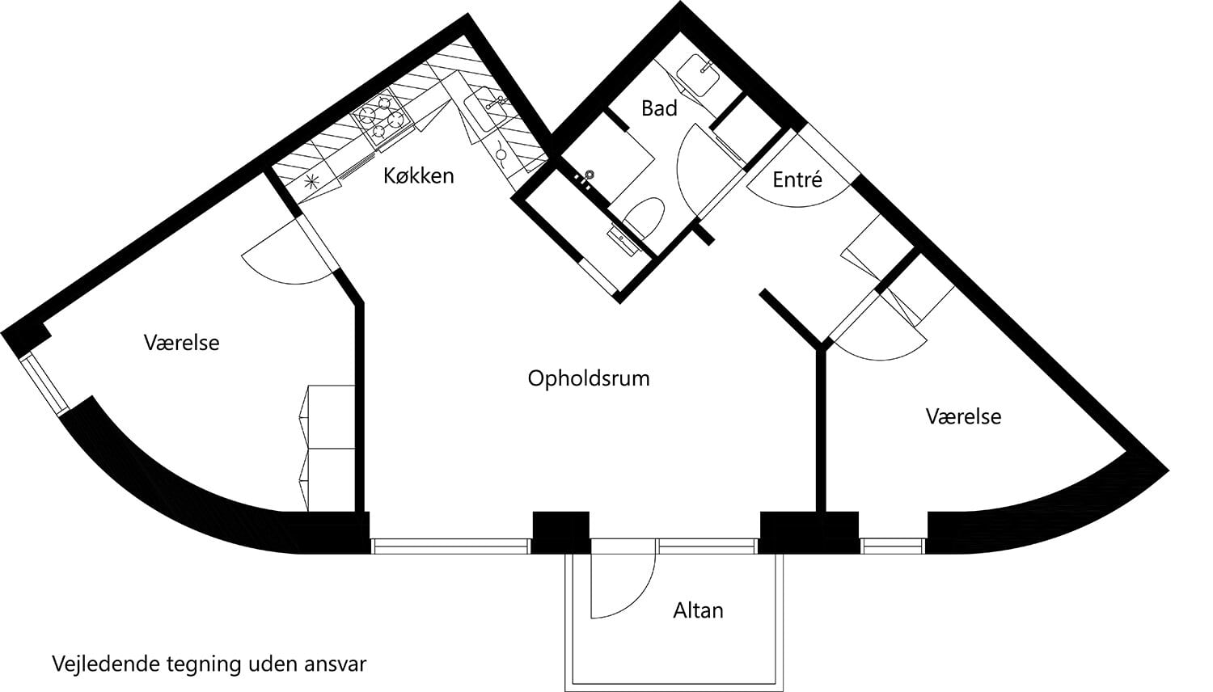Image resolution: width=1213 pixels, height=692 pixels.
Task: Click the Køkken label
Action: (x=418, y=175)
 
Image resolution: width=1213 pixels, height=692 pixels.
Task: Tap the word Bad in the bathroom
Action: (x=658, y=108)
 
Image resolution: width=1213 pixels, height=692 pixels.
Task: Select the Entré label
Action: (x=797, y=179)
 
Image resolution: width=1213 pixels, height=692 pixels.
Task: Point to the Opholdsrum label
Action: (x=588, y=378)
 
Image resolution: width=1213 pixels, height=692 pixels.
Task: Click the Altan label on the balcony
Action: (x=698, y=610)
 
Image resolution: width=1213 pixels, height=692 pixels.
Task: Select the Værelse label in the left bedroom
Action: (x=181, y=343)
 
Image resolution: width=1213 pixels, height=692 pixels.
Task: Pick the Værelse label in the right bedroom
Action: (x=962, y=417)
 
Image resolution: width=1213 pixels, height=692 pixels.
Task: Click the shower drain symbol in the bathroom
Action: (x=590, y=174)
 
